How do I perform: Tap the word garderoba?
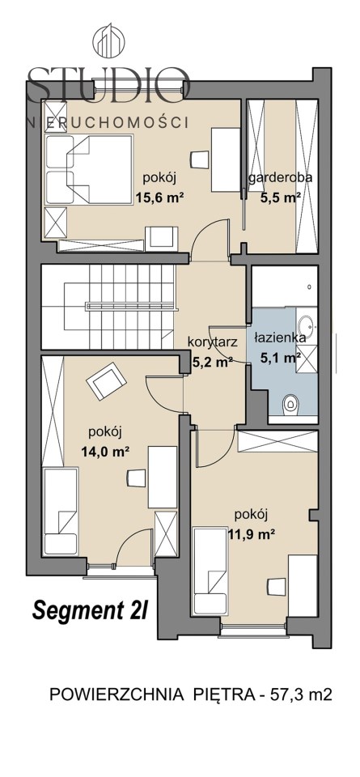281,178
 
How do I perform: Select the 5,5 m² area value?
282,197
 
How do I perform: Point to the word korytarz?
214,342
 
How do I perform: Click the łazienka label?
280,338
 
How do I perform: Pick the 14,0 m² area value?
105,451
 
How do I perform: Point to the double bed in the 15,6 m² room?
89,169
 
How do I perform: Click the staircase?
108,306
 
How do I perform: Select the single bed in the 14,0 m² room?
61,511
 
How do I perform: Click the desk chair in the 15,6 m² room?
200,159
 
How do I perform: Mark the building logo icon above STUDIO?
110,41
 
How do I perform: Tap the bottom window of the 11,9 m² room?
253,630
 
